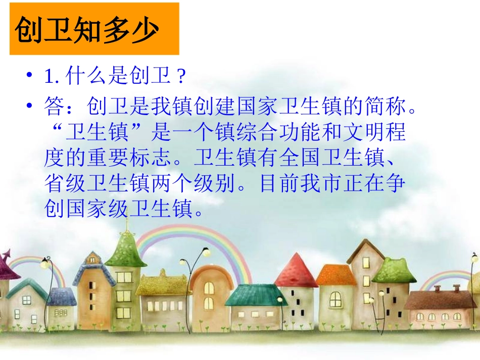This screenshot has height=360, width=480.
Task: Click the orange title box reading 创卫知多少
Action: click(x=94, y=29)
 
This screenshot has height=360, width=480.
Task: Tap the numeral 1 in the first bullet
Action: click(x=49, y=77)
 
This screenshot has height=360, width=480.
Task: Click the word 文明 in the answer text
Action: click(x=362, y=132)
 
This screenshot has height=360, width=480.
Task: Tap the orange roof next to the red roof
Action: click(x=335, y=275)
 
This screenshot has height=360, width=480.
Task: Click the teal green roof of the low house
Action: click(x=256, y=295)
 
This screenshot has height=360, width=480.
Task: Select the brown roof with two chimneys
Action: click(x=434, y=300)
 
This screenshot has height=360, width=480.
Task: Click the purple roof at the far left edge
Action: click(x=7, y=265)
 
